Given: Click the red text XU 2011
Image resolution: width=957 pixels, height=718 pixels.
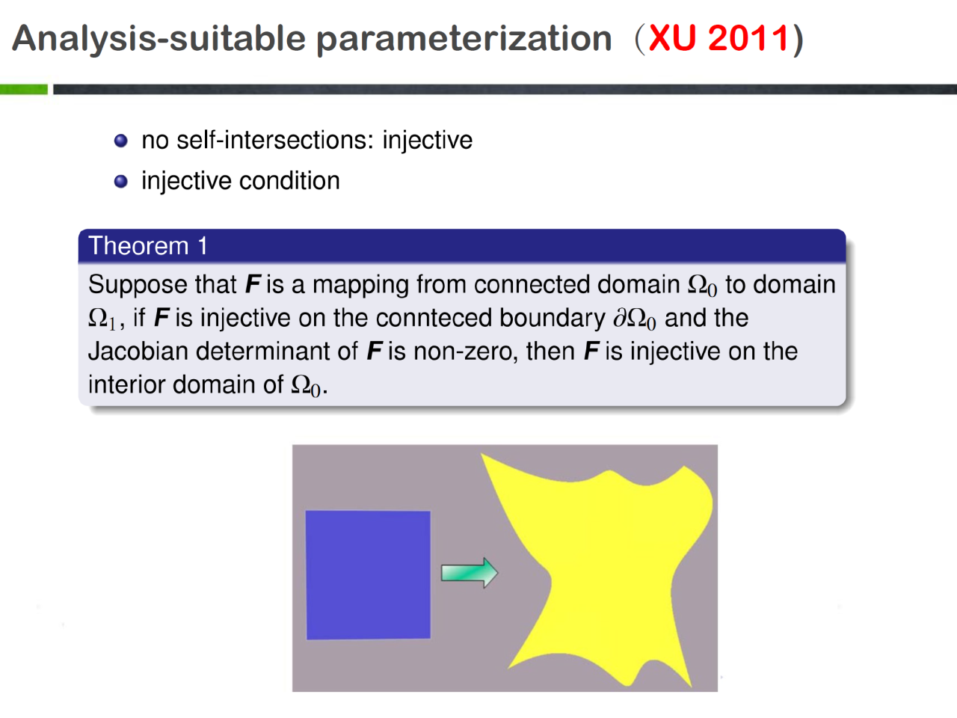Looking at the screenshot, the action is click(719, 38).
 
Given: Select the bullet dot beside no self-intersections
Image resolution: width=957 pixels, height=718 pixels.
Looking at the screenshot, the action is click(121, 141).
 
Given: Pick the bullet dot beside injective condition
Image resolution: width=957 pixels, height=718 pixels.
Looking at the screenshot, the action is click(121, 181).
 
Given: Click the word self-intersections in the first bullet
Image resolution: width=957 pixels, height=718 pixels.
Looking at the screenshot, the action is click(275, 141).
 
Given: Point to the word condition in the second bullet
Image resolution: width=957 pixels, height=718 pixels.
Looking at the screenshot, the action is click(289, 180).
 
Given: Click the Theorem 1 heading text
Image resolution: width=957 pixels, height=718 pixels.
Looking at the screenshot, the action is click(148, 245).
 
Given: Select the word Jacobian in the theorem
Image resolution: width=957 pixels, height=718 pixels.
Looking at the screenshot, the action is click(138, 352).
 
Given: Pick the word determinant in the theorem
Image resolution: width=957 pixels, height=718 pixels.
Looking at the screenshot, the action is click(277, 352).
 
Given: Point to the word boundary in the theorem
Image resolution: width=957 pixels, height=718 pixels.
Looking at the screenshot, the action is click(553, 319).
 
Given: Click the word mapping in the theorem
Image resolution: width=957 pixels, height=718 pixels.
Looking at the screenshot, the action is click(360, 285).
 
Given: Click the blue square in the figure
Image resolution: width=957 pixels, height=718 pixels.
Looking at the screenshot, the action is click(368, 575).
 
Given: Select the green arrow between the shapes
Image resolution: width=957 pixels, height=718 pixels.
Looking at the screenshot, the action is click(469, 572).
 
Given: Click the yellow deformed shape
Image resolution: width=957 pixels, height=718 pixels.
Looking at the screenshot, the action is click(610, 567).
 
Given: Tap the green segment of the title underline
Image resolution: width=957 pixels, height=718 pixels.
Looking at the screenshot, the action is click(23, 89).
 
